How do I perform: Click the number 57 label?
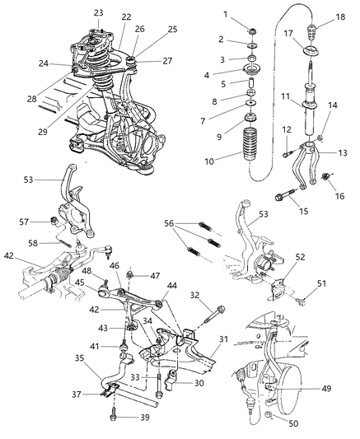click(x=47, y=222)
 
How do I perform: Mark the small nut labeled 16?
click(x=326, y=178)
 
